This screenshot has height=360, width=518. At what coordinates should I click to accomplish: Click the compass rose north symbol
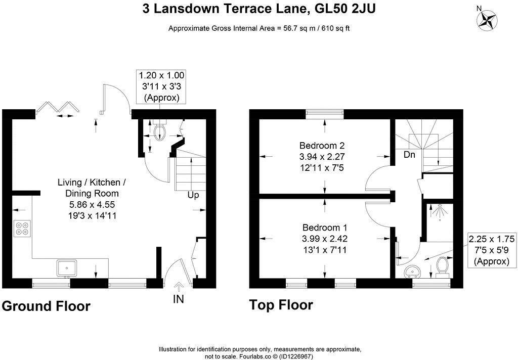[x=487, y=19]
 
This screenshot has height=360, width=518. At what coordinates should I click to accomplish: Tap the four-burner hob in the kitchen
[x=22, y=228]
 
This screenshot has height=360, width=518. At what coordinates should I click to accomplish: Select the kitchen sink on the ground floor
[x=67, y=268]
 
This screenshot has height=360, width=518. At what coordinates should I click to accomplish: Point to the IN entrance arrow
[x=179, y=286]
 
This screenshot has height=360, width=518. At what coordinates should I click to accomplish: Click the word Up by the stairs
[x=193, y=195]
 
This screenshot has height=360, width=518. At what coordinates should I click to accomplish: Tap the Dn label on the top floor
[x=409, y=154]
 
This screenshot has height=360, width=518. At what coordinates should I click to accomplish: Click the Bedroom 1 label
[x=325, y=228]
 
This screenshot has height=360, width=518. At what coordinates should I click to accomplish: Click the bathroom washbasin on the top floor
[x=412, y=271]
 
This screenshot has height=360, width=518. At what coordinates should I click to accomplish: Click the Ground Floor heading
[x=46, y=306]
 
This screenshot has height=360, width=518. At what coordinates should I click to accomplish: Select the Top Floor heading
[x=281, y=304]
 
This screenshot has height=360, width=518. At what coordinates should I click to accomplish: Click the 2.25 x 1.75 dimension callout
[x=492, y=250]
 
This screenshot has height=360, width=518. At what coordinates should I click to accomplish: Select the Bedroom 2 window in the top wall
[x=324, y=114]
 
